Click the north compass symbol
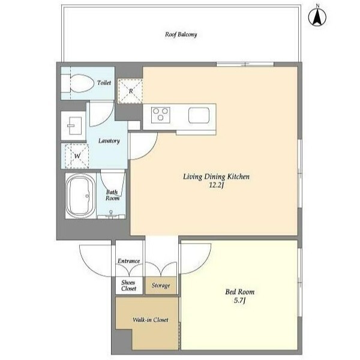pos(317,17)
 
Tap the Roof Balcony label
pos(181,35)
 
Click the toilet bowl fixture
pos(82,83)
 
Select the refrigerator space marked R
pos(130,91)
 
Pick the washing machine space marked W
pos(77,156)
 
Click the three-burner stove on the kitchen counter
pos(160,115)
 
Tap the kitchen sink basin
pos(199,115)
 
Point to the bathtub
pos(80,196)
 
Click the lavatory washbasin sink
pos(74,125)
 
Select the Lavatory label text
pos(109,141)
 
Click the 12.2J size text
pos(216,185)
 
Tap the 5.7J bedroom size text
pos(239,301)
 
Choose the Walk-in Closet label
pos(151,320)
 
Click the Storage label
pos(161,286)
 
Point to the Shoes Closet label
pos(128,286)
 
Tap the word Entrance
pos(128,261)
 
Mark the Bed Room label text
pos(239,292)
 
